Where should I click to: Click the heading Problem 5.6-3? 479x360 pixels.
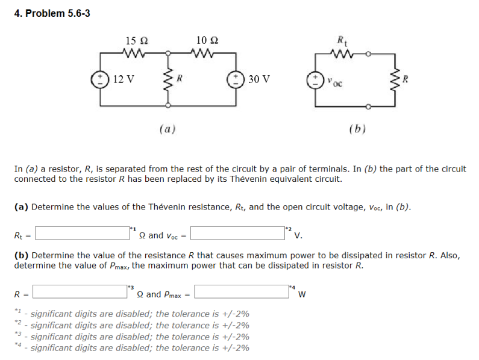coord(52,13)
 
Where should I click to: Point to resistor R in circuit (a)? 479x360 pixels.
coord(167,79)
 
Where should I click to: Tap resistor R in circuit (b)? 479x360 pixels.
coord(395,79)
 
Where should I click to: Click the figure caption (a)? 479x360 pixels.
coord(167,128)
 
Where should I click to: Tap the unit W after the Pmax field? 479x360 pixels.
coord(302,294)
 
